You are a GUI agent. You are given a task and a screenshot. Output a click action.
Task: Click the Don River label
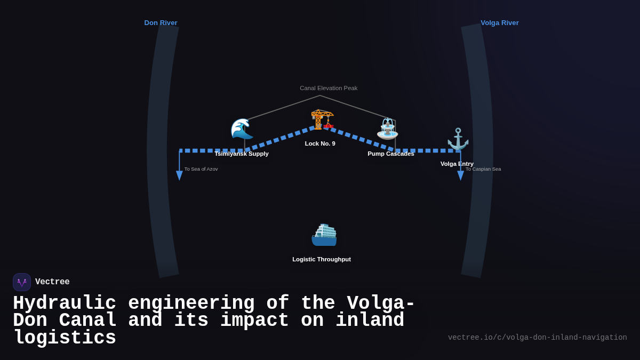pos(161,23)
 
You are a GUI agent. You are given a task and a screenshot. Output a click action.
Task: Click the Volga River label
pos(499,23)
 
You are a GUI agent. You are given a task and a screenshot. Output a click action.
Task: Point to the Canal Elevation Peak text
pos(329,88)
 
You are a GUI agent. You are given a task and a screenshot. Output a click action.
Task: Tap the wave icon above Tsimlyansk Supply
pos(242,129)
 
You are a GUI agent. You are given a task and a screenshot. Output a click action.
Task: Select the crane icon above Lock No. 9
pos(322,119)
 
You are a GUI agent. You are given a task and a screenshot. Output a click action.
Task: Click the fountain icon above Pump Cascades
pos(388,129)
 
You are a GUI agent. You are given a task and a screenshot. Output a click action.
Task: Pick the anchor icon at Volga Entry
pos(458,139)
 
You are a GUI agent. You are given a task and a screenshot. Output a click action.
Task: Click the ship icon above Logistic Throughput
pos(324,235)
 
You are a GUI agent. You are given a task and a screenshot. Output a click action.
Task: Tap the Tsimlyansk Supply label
pos(242,154)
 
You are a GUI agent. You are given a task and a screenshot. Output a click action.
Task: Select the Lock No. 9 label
pos(320,143)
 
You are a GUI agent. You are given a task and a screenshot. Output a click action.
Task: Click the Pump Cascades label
pos(391,154)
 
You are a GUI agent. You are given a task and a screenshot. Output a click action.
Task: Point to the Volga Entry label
pos(457,164)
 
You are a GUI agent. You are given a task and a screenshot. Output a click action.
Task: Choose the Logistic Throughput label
pos(322,259)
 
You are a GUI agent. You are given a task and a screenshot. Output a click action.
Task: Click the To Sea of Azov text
pos(201,169)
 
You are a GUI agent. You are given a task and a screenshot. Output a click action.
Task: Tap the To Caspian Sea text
pos(483,169)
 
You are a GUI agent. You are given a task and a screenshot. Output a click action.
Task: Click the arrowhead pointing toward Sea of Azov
pos(179,175)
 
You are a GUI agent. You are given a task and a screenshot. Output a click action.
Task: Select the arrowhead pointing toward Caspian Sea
pos(461,175)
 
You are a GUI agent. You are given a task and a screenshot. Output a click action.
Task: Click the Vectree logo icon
pos(22,282)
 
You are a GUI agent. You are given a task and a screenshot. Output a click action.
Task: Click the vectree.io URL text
pos(537,338)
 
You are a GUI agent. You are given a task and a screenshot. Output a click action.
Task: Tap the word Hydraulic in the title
pos(64,303)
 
